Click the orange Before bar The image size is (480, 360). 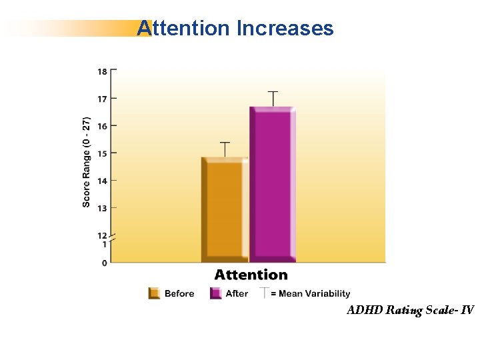tap(225, 210)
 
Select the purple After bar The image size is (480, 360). tap(273, 185)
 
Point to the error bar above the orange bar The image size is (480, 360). tap(225, 149)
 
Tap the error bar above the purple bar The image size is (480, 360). tap(273, 99)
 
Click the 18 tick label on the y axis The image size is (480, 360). tap(103, 71)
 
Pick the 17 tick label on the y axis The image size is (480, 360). tap(103, 99)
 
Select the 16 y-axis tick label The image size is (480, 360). tap(103, 126)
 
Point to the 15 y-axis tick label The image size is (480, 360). tap(103, 153)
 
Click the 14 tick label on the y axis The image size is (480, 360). tap(103, 181)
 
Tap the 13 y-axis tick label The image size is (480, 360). tap(103, 208)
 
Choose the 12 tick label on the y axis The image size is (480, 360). tap(103, 236)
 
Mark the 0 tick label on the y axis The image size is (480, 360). tap(105, 263)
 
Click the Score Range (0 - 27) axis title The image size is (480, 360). tap(86, 162)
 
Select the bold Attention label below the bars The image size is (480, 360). tap(251, 275)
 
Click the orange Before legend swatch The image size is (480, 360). tap(154, 293)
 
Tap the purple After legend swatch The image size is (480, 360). tap(216, 293)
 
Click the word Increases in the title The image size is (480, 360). tap(285, 28)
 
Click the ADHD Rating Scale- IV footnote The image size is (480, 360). tap(411, 310)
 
